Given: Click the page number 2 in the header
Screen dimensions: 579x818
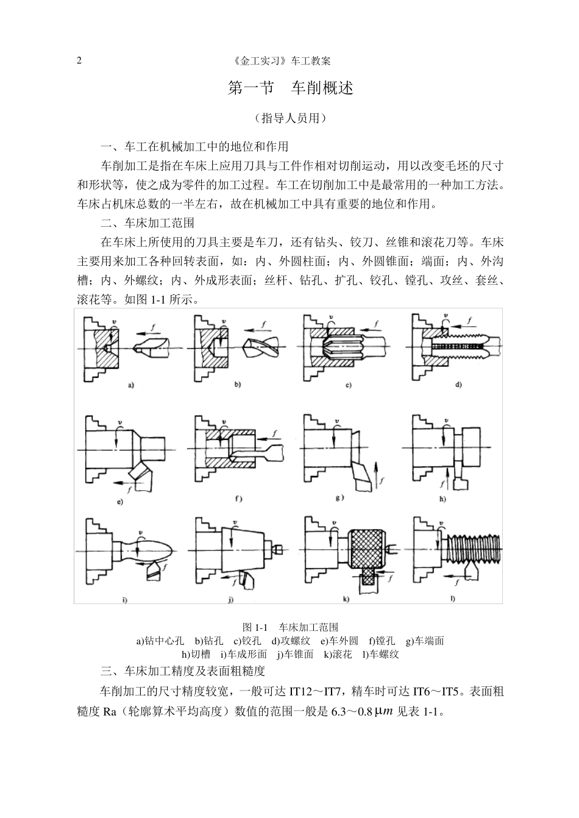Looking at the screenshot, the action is [79, 61].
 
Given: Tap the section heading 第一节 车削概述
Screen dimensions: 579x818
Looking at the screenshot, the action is [289, 88].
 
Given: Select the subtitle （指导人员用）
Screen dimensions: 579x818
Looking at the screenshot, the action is [290, 118].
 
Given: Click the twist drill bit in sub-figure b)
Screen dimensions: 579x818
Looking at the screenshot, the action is [260, 349].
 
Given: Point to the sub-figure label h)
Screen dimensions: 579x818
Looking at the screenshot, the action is [442, 499].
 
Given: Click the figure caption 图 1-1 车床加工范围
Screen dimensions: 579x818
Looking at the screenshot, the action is [289, 627].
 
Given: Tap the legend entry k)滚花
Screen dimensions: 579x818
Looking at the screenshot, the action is [338, 654].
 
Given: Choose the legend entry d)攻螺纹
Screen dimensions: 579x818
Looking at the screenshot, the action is [290, 641].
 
